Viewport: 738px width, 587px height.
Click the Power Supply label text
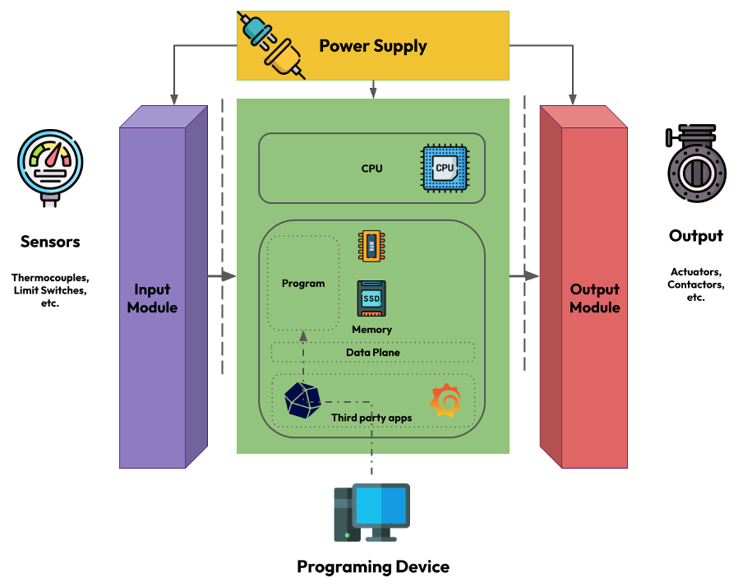[x=372, y=46]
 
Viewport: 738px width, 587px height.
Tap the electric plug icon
[x=271, y=45]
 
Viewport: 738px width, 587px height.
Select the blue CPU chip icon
[x=444, y=168]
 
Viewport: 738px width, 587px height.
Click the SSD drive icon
[x=371, y=298]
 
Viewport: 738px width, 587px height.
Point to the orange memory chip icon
[x=371, y=246]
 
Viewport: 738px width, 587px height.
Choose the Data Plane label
[x=372, y=352]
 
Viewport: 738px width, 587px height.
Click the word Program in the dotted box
[x=303, y=284]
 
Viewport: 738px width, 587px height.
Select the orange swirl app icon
[x=446, y=400]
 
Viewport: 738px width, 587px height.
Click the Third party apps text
[x=371, y=418]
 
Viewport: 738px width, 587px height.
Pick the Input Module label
[x=153, y=298]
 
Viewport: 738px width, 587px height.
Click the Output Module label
[x=594, y=298]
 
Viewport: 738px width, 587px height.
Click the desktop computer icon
[x=371, y=512]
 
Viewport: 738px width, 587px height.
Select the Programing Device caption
[x=372, y=566]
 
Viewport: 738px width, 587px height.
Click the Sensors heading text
[x=50, y=242]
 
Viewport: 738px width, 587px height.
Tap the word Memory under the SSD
[x=371, y=329]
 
